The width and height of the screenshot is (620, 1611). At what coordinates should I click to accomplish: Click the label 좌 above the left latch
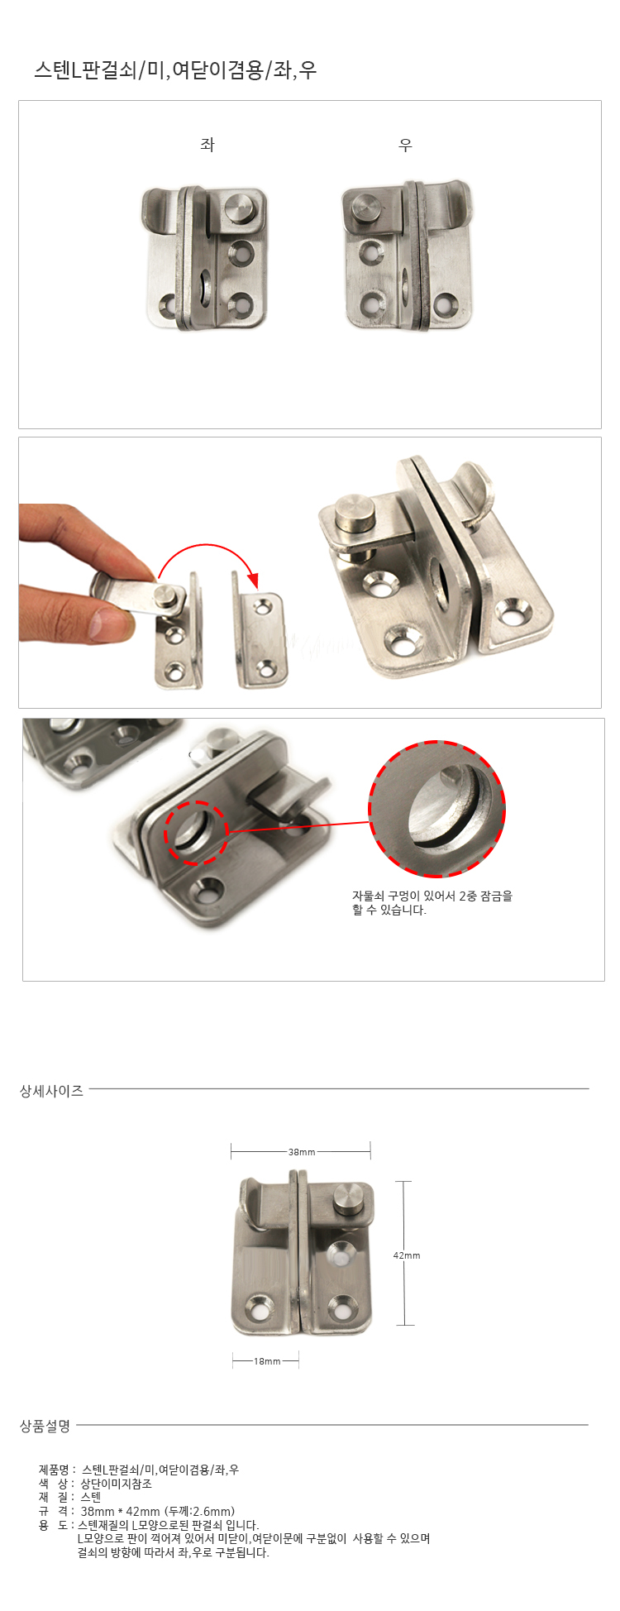pyautogui.click(x=207, y=145)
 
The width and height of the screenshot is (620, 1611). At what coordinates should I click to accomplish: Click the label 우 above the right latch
pyautogui.click(x=405, y=145)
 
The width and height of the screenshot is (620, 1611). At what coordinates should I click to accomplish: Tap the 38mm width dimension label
pyautogui.click(x=302, y=1152)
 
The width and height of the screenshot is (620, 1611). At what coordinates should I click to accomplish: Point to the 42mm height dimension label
pyautogui.click(x=407, y=1255)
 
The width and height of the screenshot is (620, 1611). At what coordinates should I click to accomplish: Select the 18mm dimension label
pyautogui.click(x=267, y=1361)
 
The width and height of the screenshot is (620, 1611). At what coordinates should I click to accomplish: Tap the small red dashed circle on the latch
pyautogui.click(x=195, y=833)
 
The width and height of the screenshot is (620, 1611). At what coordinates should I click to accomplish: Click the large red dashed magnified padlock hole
pyautogui.click(x=436, y=809)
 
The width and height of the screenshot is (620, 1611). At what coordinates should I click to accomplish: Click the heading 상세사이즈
pyautogui.click(x=51, y=1091)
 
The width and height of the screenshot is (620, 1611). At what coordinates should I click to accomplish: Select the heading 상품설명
pyautogui.click(x=45, y=1426)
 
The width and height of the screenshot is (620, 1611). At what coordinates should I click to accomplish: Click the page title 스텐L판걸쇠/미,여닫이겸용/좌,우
pyautogui.click(x=175, y=70)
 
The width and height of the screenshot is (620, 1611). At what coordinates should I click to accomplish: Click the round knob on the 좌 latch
pyautogui.click(x=241, y=207)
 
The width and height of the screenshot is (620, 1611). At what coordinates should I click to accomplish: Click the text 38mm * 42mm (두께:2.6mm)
pyautogui.click(x=158, y=1511)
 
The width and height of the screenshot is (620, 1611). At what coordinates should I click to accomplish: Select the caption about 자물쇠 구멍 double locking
pyautogui.click(x=432, y=902)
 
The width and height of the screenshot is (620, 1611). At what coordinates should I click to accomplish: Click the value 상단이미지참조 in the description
pyautogui.click(x=117, y=1484)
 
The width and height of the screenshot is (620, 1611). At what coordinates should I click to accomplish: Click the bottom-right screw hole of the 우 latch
pyautogui.click(x=446, y=305)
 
